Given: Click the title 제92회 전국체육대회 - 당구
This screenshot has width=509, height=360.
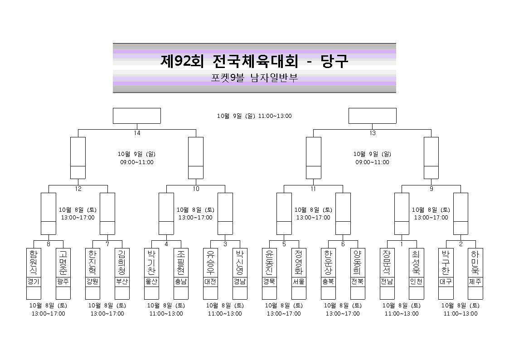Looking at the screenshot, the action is (254, 61).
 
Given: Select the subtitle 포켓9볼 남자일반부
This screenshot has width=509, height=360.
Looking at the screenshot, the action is (254, 78).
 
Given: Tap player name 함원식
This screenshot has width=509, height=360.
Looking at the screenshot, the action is (34, 262).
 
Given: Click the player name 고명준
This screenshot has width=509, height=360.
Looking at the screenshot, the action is (63, 262).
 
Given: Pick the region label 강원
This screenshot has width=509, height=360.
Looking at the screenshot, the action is (92, 282).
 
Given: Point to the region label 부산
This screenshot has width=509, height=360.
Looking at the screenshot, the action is (122, 282).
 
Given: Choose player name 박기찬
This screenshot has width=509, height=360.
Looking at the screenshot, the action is (151, 262).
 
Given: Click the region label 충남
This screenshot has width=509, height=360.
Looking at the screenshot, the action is (181, 282).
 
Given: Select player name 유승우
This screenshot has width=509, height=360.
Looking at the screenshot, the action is (210, 262).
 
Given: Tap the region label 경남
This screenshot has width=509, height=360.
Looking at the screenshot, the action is (240, 282).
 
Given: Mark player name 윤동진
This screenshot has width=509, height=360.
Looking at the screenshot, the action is (269, 262).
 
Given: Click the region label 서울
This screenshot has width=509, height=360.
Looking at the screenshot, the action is (299, 282).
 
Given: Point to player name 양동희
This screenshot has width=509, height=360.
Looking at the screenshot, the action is (358, 262).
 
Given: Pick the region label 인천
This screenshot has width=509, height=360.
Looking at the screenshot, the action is (417, 282).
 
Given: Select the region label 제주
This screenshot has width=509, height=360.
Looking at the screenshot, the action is (475, 282).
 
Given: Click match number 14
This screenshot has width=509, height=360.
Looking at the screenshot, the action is (137, 133).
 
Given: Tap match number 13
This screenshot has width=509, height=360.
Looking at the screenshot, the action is (372, 133).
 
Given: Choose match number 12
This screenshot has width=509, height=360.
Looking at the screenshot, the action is (78, 189).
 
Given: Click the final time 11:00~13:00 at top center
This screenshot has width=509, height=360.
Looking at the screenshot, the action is (275, 116).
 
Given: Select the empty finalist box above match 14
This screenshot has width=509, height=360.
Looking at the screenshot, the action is (137, 116).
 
